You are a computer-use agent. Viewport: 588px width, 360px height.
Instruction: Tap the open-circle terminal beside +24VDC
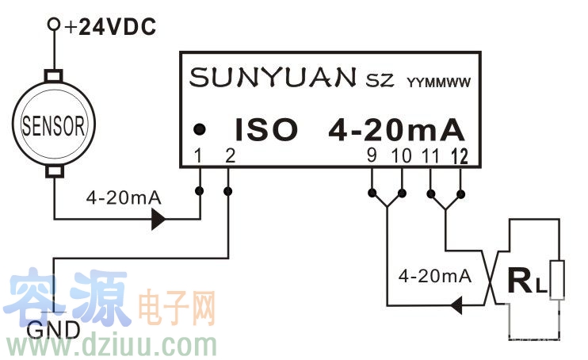click(54, 25)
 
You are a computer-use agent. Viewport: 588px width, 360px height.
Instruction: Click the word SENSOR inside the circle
click(53, 124)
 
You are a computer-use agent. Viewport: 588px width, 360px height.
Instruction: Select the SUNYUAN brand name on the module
click(273, 78)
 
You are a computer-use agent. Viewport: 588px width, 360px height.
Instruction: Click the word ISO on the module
click(265, 128)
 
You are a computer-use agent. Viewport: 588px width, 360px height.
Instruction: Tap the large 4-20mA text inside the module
click(395, 128)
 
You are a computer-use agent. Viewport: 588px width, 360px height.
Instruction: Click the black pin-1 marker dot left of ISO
click(201, 128)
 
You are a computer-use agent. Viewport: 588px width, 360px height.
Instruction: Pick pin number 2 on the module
click(229, 156)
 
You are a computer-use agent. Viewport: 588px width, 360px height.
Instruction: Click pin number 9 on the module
click(371, 156)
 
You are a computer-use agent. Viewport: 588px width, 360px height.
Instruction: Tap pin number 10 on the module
click(402, 156)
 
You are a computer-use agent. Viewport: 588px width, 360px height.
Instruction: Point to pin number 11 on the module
click(431, 156)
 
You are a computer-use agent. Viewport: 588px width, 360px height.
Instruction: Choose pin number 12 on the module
click(460, 156)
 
